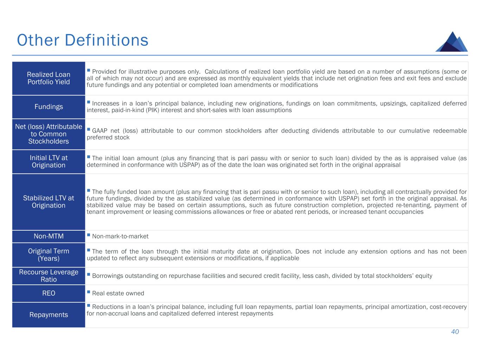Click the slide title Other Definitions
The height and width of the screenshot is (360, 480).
coord(82,40)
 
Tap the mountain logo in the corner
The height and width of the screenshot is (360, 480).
coord(452,42)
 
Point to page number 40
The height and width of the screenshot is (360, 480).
coord(455,332)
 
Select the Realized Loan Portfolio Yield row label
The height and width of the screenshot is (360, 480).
coord(49,78)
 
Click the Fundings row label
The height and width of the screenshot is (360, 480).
coord(49,107)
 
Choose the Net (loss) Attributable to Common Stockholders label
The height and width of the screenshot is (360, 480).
coord(49,134)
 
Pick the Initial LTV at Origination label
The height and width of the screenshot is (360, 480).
coord(49,161)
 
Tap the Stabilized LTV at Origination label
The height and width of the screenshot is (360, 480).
coord(49,201)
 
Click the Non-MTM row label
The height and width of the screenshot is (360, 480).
coord(49,236)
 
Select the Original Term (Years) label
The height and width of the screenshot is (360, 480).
coord(49,255)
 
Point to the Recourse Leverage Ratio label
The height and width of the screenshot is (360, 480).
coord(49,276)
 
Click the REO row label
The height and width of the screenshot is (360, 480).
coord(49,293)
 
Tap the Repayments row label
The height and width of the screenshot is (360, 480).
coord(49,315)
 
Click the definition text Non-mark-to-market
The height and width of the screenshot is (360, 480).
coord(120,236)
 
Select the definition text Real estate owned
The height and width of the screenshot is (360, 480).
coord(118,293)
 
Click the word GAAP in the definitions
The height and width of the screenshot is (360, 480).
coord(100,131)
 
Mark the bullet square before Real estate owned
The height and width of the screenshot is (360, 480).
coord(89,292)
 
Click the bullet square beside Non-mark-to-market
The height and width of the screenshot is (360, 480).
coord(89,235)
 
